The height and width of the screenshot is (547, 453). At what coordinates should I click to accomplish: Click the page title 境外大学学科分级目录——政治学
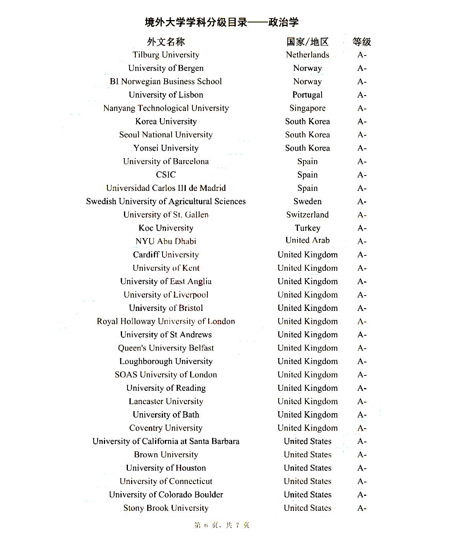tap(222, 22)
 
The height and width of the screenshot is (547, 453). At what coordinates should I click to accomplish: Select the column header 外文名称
tap(166, 42)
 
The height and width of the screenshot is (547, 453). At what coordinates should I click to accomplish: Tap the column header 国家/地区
tap(307, 42)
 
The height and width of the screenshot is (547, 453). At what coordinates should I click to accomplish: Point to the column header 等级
tap(362, 42)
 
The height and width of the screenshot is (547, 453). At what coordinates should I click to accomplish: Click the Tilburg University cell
tap(166, 55)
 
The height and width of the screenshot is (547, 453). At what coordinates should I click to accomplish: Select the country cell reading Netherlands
tap(307, 55)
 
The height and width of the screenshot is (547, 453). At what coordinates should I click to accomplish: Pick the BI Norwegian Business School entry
tap(166, 81)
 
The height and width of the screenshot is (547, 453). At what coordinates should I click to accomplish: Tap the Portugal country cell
tap(307, 95)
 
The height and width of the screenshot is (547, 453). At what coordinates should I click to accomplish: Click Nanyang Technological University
tap(166, 108)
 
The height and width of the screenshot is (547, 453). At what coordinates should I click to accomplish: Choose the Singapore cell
tap(307, 108)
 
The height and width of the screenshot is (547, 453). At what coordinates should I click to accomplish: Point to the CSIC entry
tap(166, 175)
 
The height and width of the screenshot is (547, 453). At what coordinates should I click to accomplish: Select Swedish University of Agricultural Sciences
tap(166, 201)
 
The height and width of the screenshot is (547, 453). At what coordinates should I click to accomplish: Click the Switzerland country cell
tap(307, 215)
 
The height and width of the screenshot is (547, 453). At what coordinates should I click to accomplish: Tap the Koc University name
tap(166, 228)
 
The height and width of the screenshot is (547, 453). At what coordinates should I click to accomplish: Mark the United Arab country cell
tap(307, 240)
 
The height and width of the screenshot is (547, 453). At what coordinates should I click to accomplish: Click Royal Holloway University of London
tap(166, 322)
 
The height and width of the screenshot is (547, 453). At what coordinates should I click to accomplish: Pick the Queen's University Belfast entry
tap(166, 348)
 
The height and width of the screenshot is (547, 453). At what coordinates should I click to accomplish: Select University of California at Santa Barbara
tap(166, 442)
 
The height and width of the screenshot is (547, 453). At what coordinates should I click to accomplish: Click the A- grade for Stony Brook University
tap(362, 508)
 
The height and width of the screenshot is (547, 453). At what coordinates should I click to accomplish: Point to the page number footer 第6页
tap(222, 525)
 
